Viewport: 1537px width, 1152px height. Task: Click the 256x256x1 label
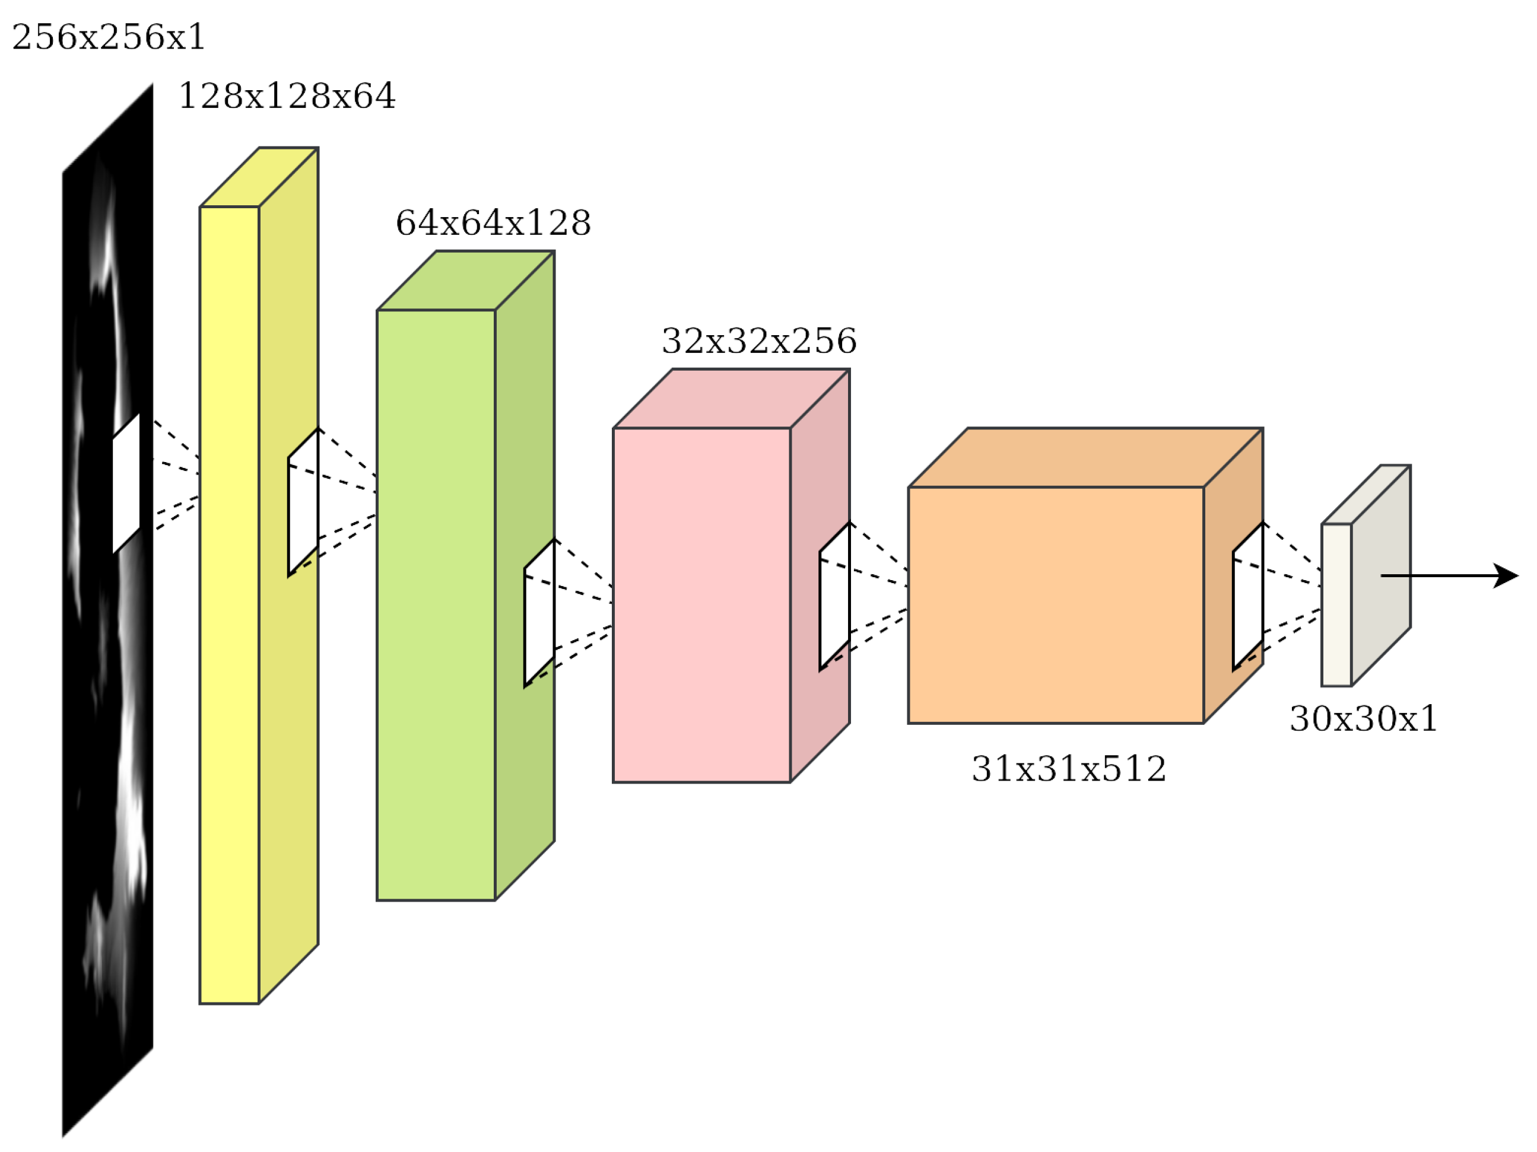coord(109,37)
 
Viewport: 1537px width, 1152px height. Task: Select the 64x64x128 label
coord(493,223)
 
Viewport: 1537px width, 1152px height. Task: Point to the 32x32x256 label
coord(759,341)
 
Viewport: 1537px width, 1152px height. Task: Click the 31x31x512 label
coord(1068,769)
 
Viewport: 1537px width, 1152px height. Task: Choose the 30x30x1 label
coord(1363,719)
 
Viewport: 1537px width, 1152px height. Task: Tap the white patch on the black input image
coord(126,483)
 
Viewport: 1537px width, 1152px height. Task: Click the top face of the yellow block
coord(259,177)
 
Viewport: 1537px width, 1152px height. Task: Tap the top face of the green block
coord(465,281)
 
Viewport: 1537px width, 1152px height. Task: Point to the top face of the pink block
coord(731,399)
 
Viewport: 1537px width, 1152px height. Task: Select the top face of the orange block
coord(1085,457)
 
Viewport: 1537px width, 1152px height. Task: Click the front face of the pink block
coord(701,604)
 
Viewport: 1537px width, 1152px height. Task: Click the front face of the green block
coord(436,604)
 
